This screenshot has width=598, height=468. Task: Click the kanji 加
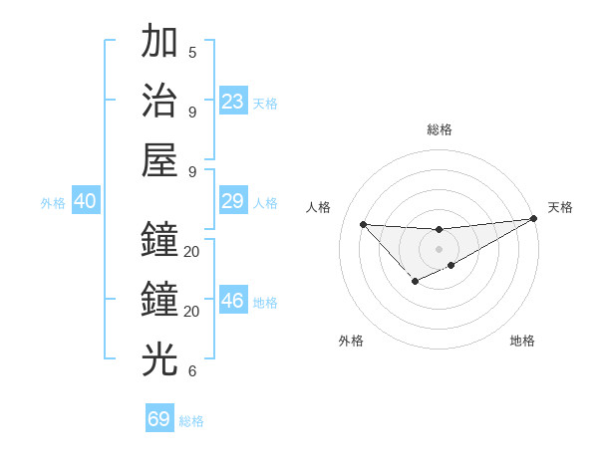tap(159, 43)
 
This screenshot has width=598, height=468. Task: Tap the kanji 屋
tap(159, 160)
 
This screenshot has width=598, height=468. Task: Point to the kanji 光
tap(159, 359)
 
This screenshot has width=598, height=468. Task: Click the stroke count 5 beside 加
tap(192, 53)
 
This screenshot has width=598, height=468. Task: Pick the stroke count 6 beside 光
tap(192, 371)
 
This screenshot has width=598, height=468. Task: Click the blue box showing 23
tap(233, 102)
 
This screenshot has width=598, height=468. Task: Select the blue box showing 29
tap(233, 202)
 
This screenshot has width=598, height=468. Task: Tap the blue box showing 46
tap(233, 302)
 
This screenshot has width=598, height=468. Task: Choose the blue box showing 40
tap(85, 202)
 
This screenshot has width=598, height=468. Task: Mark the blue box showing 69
tap(159, 419)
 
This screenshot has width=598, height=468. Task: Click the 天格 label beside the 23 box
tap(265, 104)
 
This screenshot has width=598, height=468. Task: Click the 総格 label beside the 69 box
tap(191, 421)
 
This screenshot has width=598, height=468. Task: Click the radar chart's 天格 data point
tap(533, 219)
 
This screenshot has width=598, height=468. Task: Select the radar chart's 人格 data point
tap(364, 224)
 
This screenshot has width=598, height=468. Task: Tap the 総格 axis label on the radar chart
tap(440, 129)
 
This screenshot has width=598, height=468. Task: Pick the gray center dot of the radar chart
tap(439, 248)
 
